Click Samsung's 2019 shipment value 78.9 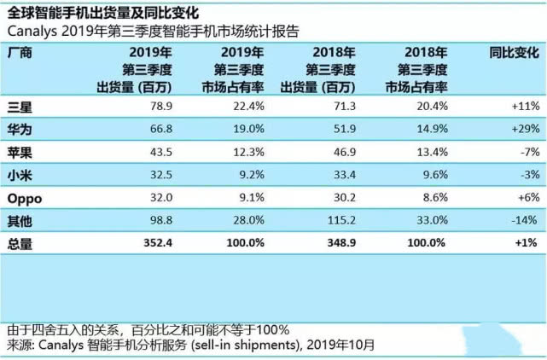pyautogui.click(x=161, y=106)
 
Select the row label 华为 pyautogui.click(x=20, y=130)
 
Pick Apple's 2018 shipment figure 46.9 pyautogui.click(x=345, y=152)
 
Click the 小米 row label pyautogui.click(x=20, y=175)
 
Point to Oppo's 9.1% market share pyautogui.click(x=252, y=197)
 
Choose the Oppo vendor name pyautogui.click(x=25, y=199)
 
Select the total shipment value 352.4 pyautogui.click(x=158, y=243)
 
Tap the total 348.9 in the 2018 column pyautogui.click(x=341, y=243)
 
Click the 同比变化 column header pyautogui.click(x=515, y=53)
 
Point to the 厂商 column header pyautogui.click(x=20, y=53)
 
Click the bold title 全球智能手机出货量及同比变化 pyautogui.click(x=103, y=14)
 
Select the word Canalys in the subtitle pyautogui.click(x=32, y=32)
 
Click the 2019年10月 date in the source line pyautogui.click(x=340, y=345)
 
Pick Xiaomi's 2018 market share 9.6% pyautogui.click(x=435, y=174)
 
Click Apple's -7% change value pyautogui.click(x=530, y=152)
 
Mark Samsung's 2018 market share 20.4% pyautogui.click(x=433, y=106)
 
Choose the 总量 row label pyautogui.click(x=20, y=243)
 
